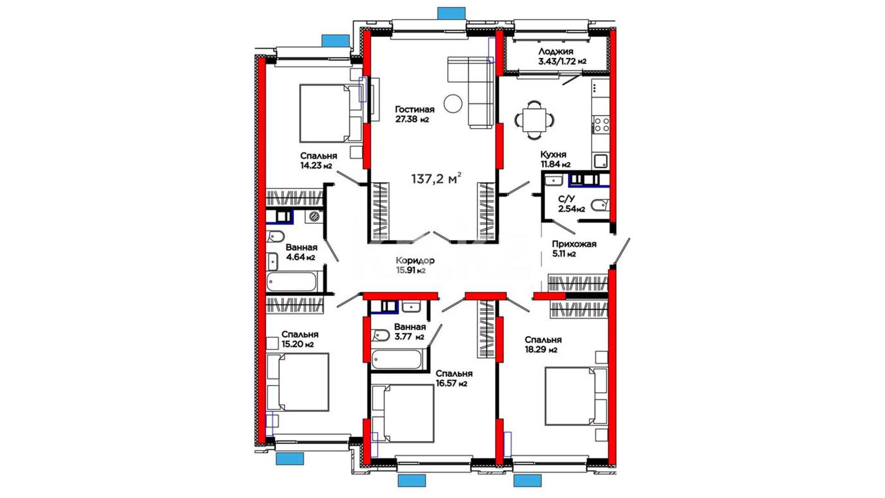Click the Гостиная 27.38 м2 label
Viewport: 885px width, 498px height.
pos(414,114)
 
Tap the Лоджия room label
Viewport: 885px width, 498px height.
pos(556,52)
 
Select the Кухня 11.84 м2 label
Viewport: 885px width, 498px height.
pos(555,159)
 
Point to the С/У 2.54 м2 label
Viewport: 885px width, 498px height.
pos(571,204)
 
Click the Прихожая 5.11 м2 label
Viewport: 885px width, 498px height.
pos(574,249)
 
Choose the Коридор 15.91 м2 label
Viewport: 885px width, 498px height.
pos(415,265)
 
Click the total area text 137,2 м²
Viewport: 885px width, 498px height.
pos(436,178)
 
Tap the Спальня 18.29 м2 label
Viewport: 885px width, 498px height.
pos(543,344)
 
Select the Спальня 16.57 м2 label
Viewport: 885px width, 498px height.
pos(454,378)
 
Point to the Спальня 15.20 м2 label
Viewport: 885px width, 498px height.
pos(300,339)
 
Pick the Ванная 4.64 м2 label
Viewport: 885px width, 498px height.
pos(301,252)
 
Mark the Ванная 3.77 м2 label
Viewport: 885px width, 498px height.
pos(410,332)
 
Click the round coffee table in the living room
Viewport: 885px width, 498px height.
pos(453,103)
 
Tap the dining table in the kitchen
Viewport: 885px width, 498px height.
pos(534,120)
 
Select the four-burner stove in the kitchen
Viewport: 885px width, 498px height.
pos(601,125)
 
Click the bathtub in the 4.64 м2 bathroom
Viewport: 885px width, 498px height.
pos(292,281)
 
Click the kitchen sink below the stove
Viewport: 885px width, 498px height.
pos(600,161)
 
